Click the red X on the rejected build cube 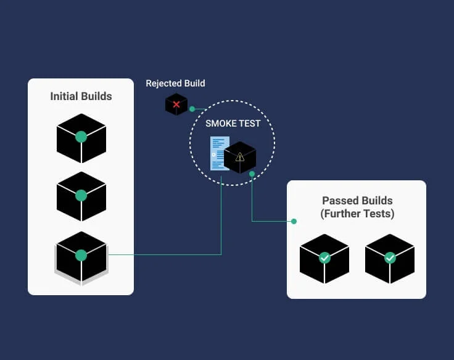[x=176, y=104]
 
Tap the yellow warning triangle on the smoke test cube [x=240, y=157]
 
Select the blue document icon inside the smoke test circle [x=219, y=153]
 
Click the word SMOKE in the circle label [x=218, y=123]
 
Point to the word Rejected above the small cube [x=163, y=83]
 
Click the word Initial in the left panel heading [x=64, y=96]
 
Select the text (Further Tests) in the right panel [x=357, y=214]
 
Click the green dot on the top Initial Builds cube [x=81, y=137]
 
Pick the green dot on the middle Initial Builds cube [x=81, y=196]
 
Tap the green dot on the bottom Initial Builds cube [x=81, y=256]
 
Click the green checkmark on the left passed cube [x=324, y=257]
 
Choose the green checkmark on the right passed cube [x=390, y=257]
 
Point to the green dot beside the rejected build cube [x=192, y=109]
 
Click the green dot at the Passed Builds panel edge [x=294, y=222]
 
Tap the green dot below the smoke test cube [x=252, y=174]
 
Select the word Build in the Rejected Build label [x=194, y=83]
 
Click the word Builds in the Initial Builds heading [x=96, y=96]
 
